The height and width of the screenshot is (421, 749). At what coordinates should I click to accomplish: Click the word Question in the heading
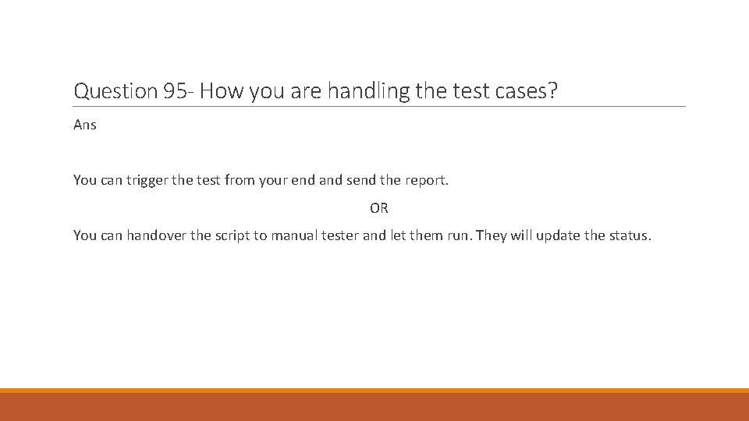(x=115, y=91)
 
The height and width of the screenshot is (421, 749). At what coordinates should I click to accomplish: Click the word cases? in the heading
(x=527, y=91)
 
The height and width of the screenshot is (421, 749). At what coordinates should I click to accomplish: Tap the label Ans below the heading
(x=85, y=125)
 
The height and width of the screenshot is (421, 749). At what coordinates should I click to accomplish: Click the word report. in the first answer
(x=424, y=180)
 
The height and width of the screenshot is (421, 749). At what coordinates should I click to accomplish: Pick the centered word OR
(x=379, y=208)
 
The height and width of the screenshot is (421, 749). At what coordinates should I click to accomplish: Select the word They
(x=491, y=235)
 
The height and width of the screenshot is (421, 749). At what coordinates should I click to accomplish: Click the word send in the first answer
(x=361, y=180)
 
